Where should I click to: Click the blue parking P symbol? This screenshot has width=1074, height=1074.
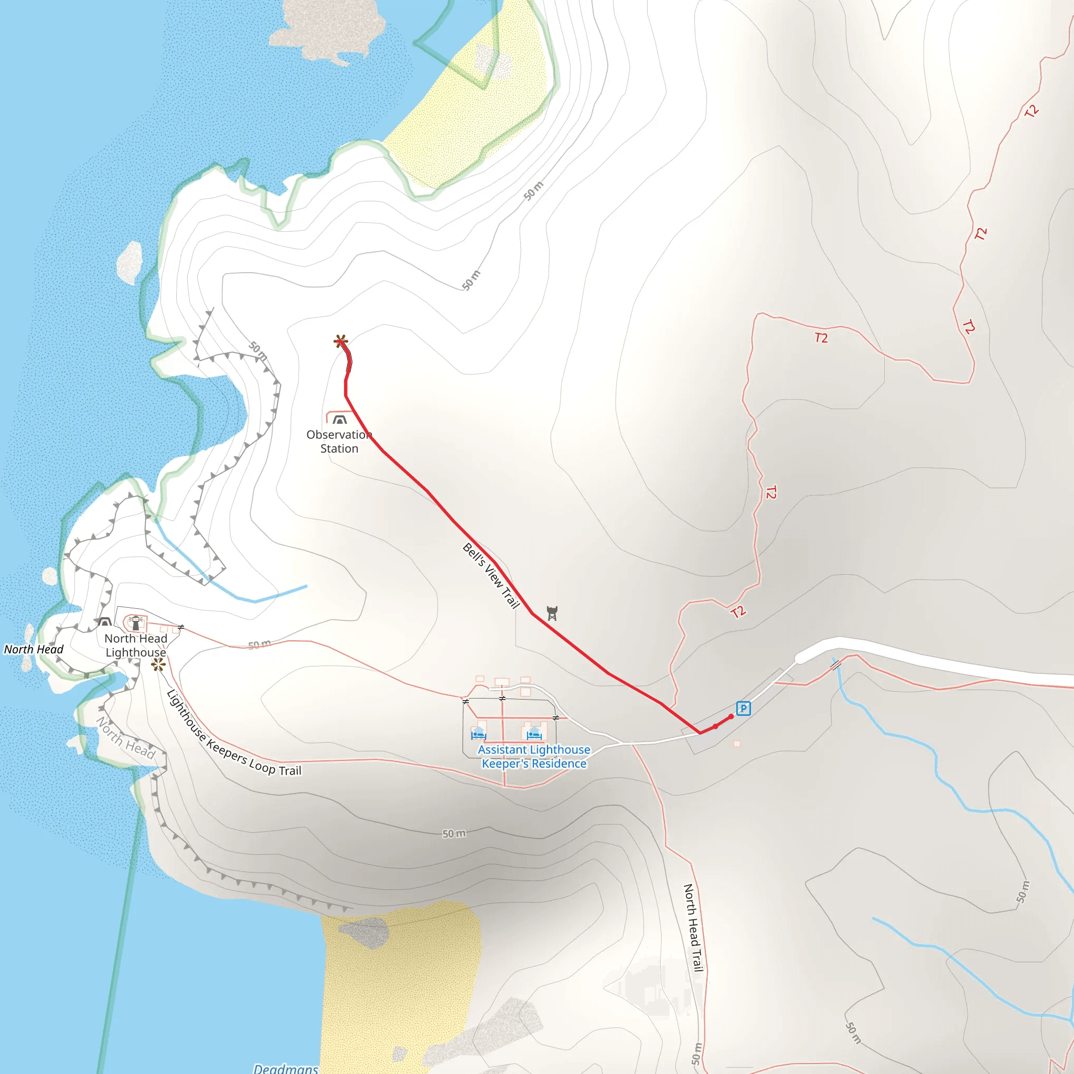743,708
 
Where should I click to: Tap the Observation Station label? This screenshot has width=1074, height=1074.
339,442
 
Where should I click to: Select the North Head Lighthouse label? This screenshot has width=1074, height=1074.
136,645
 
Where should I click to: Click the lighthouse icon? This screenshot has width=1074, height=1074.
136,622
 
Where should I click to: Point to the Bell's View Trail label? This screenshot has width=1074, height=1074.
491,575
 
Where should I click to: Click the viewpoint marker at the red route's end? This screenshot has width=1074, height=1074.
341,341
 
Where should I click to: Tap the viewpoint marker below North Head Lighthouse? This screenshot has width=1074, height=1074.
158,664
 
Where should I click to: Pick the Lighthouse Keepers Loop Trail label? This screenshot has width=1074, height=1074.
233,733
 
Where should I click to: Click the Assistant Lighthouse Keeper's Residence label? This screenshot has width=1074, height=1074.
534,757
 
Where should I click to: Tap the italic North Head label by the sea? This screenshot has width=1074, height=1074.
34,649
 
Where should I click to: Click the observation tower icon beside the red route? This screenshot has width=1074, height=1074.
552,613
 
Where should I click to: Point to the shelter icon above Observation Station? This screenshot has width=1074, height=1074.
339,420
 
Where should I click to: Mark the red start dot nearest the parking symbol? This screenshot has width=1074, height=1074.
731,716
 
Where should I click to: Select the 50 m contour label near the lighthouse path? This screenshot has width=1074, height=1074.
259,645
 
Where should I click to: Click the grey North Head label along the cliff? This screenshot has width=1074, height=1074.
126,738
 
